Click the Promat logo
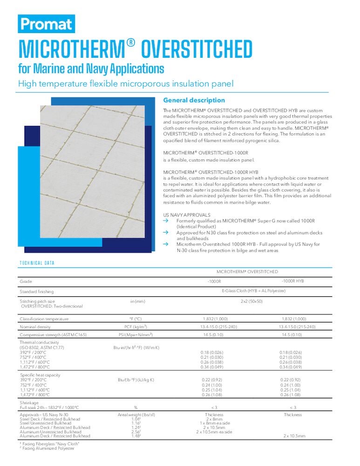tap(46, 24)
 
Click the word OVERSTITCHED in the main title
tap(196, 49)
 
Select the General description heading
tap(194, 100)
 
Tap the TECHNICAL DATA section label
tap(37, 263)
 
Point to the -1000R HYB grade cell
tap(293, 281)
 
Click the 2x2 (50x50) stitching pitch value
tap(251, 302)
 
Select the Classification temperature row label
tap(44, 319)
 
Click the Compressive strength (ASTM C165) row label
tap(53, 335)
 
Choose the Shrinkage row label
tap(30, 403)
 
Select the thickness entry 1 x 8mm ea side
tap(214, 423)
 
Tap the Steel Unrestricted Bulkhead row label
tap(46, 423)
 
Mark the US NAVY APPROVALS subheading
tap(187, 215)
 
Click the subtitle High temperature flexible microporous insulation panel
tap(125, 84)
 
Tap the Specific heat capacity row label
tap(40, 375)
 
